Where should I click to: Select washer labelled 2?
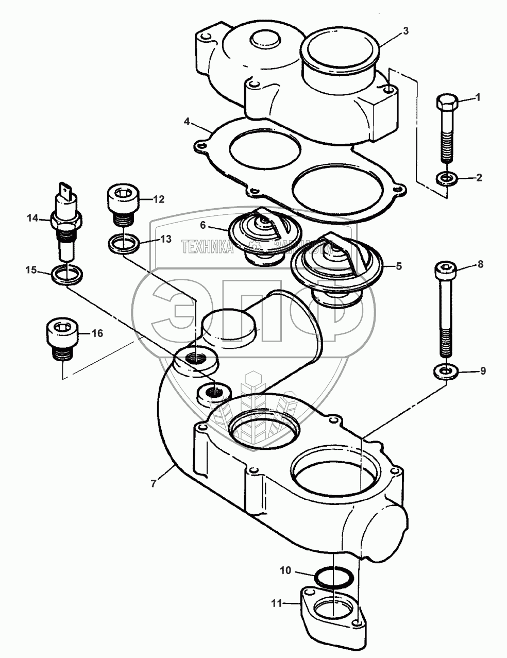446,179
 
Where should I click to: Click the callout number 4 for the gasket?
188,122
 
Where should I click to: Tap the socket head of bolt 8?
446,268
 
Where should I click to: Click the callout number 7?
153,484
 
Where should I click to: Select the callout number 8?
481,264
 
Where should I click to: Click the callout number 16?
97,334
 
